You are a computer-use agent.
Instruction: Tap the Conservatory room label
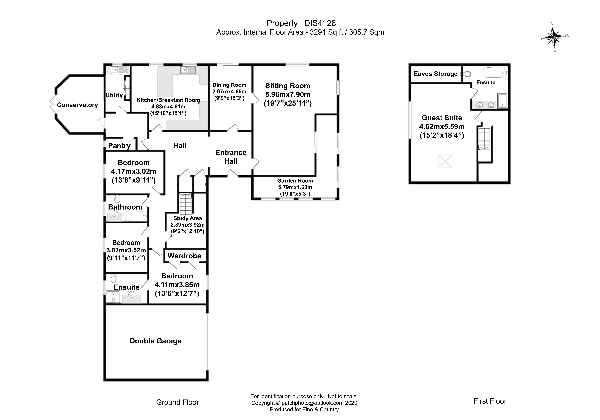pyautogui.click(x=77, y=105)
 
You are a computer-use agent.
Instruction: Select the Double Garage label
pyautogui.click(x=155, y=341)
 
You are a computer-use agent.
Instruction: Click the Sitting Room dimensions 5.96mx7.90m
pyautogui.click(x=288, y=95)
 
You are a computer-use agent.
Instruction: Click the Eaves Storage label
pyautogui.click(x=436, y=74)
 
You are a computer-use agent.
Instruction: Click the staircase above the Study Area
pyautogui.click(x=186, y=204)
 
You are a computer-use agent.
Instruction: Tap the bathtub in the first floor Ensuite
pyautogui.click(x=495, y=72)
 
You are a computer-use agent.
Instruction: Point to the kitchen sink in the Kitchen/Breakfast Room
pyautogui.click(x=188, y=70)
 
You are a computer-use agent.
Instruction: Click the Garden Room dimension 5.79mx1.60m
pyautogui.click(x=295, y=187)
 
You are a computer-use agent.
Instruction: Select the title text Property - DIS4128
pyautogui.click(x=301, y=23)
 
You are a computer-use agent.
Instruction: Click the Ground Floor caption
pyautogui.click(x=177, y=402)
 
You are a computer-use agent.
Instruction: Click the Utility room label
pyautogui.click(x=114, y=95)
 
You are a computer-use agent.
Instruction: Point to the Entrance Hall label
pyautogui.click(x=231, y=157)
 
